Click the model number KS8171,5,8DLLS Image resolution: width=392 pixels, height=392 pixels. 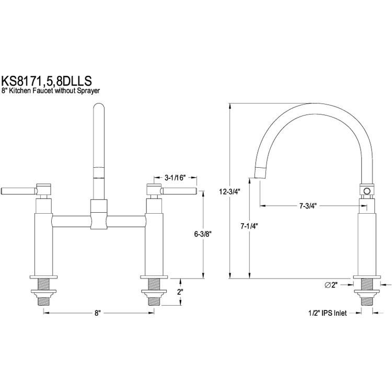[47, 80]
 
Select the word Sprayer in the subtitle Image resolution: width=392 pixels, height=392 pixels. [89, 91]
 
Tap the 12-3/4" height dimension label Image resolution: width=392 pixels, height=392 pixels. [229, 192]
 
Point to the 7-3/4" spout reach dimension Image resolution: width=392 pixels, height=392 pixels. [308, 206]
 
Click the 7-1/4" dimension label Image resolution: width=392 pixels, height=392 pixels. [249, 226]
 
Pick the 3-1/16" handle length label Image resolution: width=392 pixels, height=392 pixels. [175, 178]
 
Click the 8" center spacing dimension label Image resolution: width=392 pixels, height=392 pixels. [97, 313]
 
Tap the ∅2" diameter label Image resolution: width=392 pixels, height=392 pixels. [331, 285]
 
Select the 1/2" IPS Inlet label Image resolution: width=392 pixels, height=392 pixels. [328, 313]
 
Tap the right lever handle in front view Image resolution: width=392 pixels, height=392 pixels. [179, 191]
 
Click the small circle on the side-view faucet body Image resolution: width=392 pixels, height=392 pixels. [367, 191]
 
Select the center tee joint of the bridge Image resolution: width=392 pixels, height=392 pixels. [99, 214]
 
